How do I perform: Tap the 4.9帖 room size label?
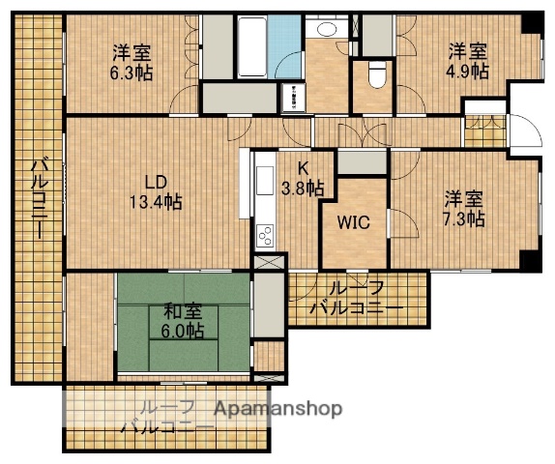pyautogui.click(x=467, y=72)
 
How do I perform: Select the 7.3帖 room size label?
pyautogui.click(x=464, y=219)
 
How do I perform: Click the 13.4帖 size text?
pyautogui.click(x=156, y=203)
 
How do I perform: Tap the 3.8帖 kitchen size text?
pyautogui.click(x=302, y=188)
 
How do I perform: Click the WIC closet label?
pyautogui.click(x=353, y=221)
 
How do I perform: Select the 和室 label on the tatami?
pyautogui.click(x=182, y=312)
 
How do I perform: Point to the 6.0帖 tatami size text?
pyautogui.click(x=182, y=331)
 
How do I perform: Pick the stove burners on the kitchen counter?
pyautogui.click(x=264, y=235)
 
